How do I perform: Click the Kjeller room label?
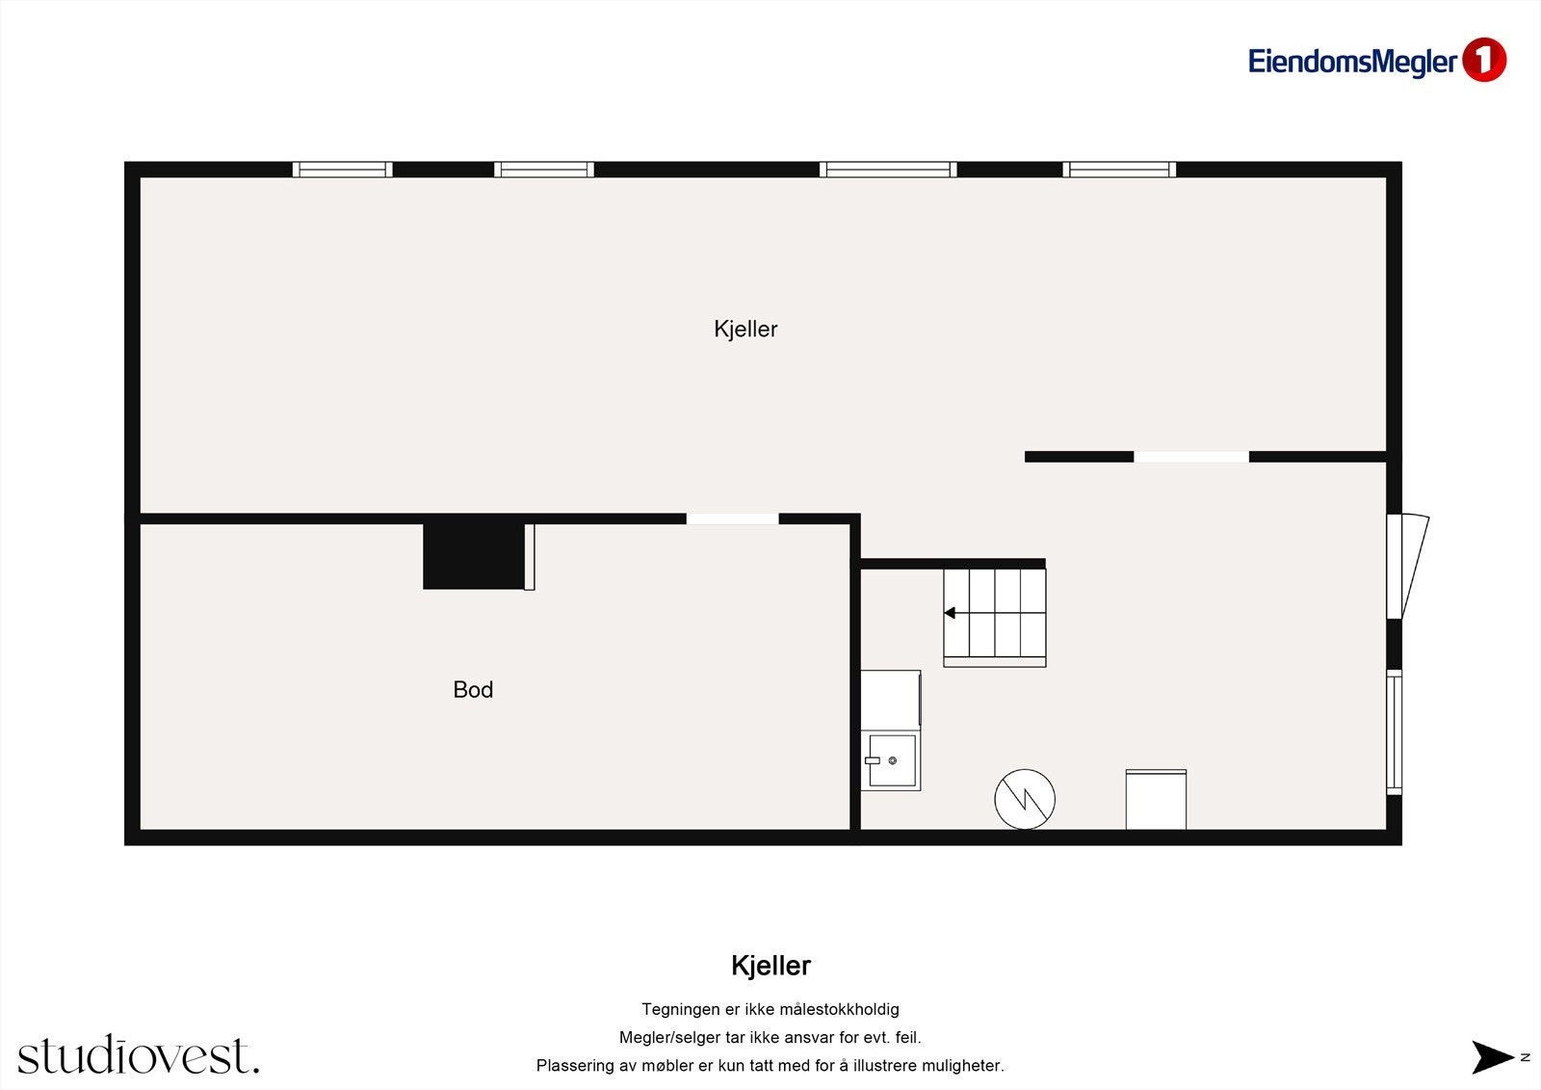tap(745, 329)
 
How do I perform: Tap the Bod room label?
tap(473, 690)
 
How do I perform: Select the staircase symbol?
tap(994, 617)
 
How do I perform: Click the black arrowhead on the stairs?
tap(950, 613)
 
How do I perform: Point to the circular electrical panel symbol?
tap(1025, 799)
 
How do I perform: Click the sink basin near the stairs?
tap(892, 760)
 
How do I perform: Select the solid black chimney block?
tap(473, 555)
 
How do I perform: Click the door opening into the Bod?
tap(732, 518)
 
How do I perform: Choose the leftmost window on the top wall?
tap(342, 170)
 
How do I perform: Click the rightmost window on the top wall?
tap(1119, 170)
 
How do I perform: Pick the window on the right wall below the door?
tap(1394, 731)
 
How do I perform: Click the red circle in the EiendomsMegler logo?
tap(1483, 60)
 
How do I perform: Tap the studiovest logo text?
tap(138, 1056)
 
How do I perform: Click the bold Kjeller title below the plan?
tap(770, 966)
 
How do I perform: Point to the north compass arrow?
tap(1493, 1057)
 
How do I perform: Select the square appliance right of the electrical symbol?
tap(1156, 799)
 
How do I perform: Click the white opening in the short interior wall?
tap(1190, 457)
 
